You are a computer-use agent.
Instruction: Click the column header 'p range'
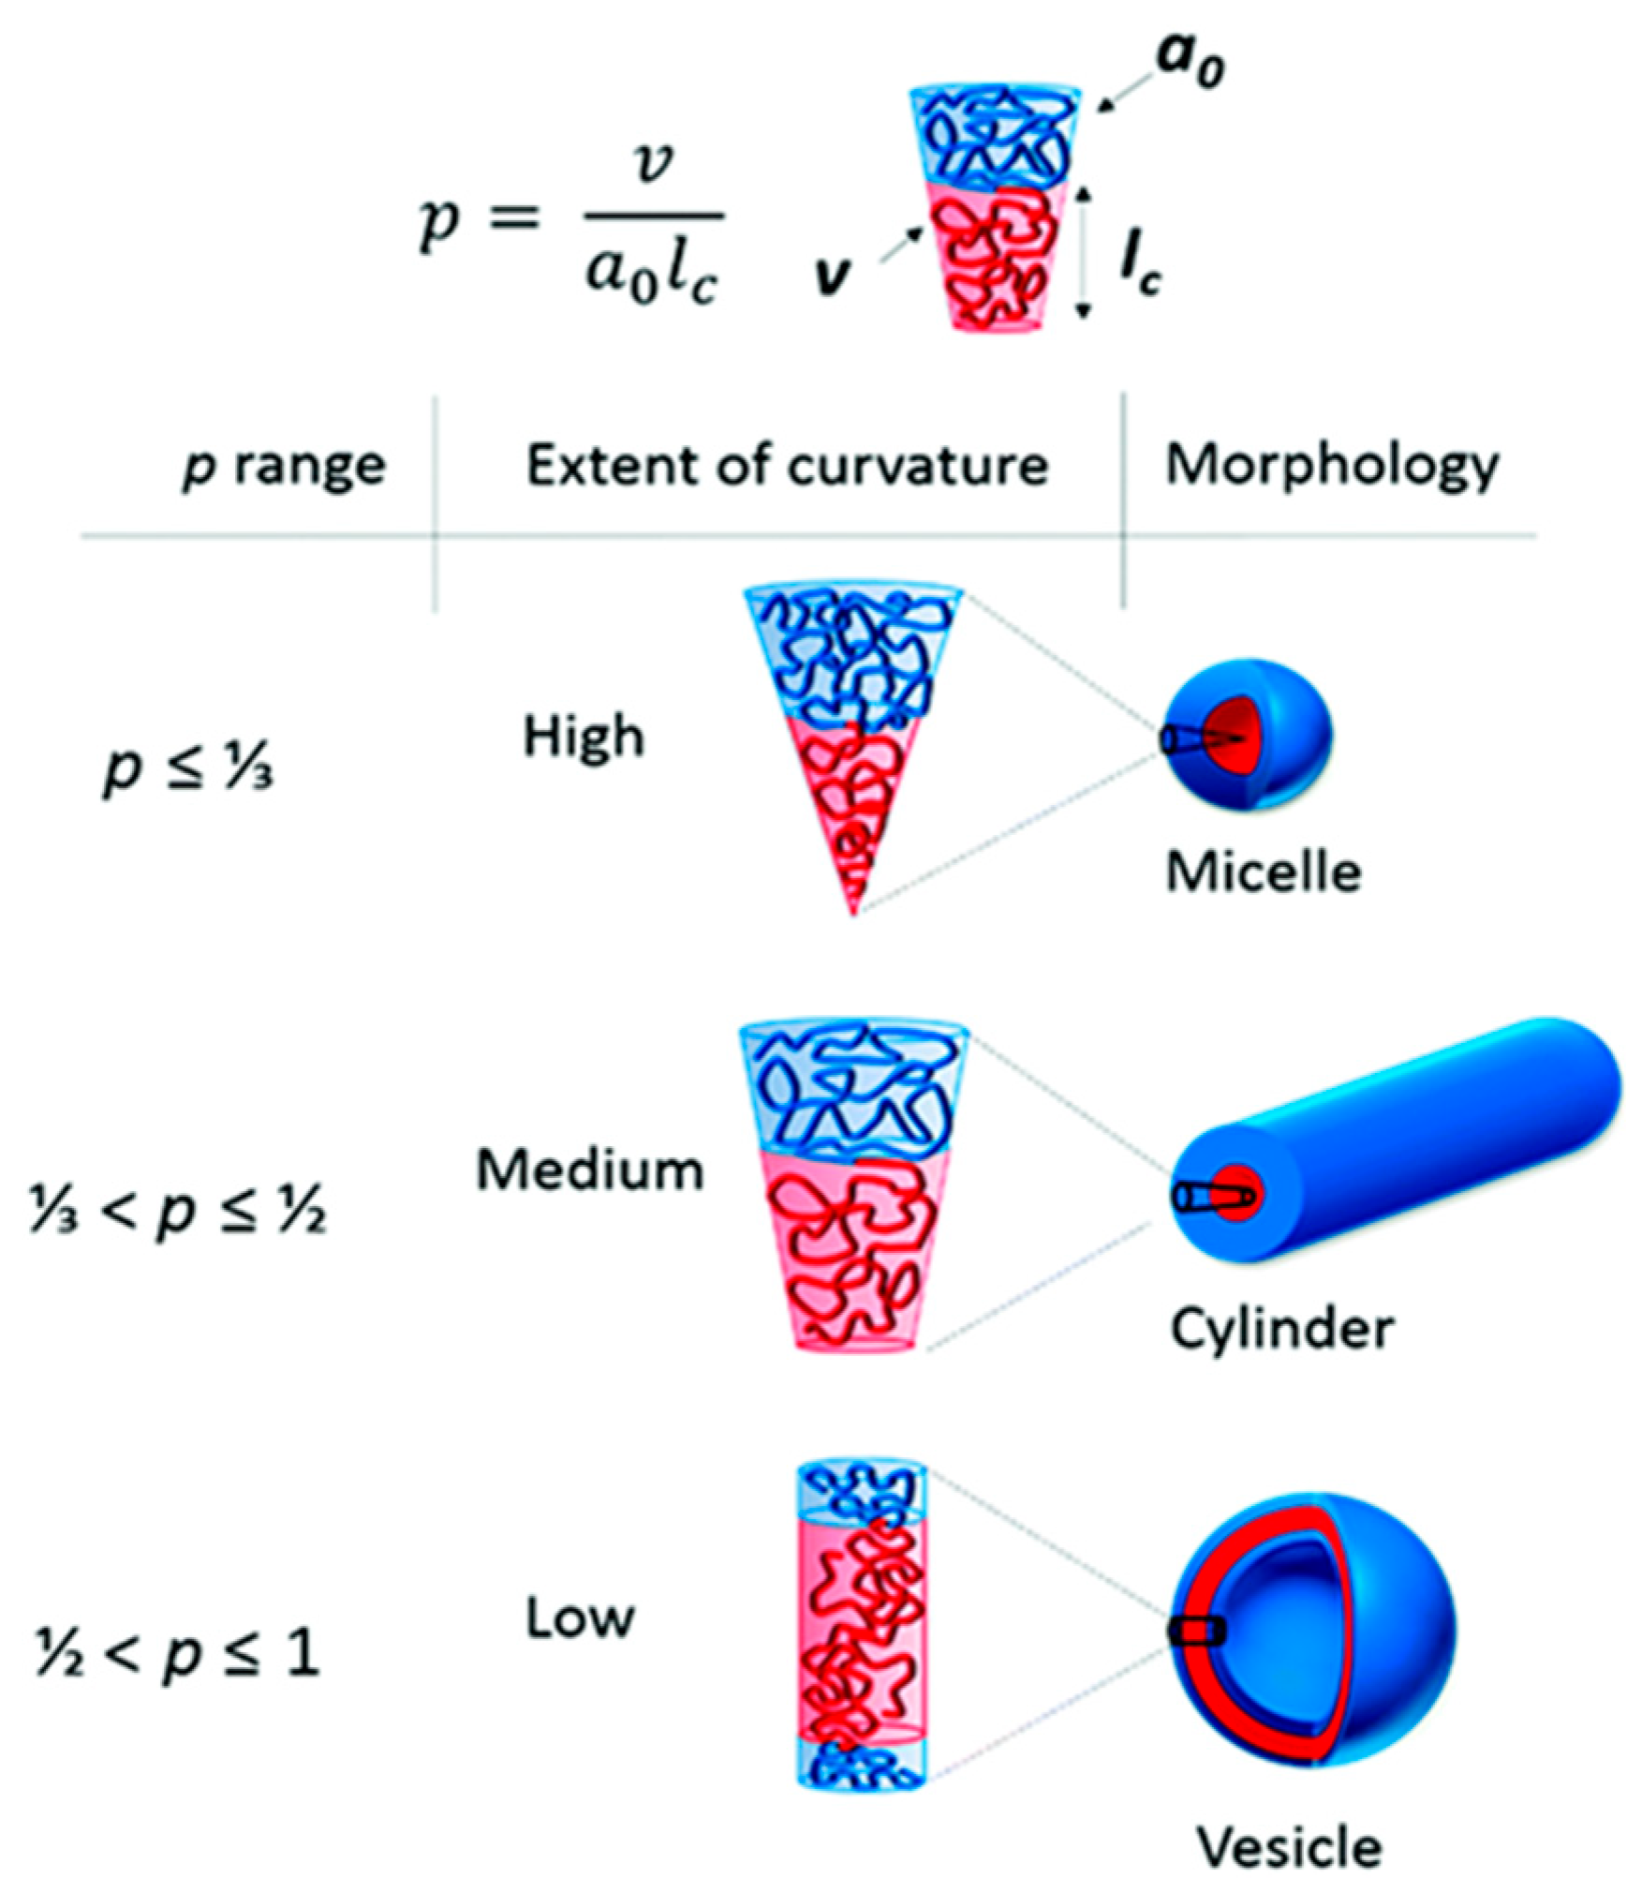pyautogui.click(x=284, y=466)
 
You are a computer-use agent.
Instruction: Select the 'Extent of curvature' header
pyautogui.click(x=786, y=466)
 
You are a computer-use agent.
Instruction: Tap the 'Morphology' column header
pyautogui.click(x=1331, y=466)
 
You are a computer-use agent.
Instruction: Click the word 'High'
pyautogui.click(x=584, y=737)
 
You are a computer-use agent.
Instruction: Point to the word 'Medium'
pyautogui.click(x=589, y=1170)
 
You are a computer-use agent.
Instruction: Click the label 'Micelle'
pyautogui.click(x=1263, y=872)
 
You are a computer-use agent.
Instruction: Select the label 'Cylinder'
pyautogui.click(x=1281, y=1328)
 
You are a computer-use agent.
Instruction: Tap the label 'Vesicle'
pyautogui.click(x=1289, y=1847)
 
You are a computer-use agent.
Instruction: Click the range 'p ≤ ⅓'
pyautogui.click(x=187, y=771)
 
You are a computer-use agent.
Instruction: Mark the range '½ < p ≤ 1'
pyautogui.click(x=178, y=1653)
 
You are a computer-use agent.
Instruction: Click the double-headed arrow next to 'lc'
pyautogui.click(x=1084, y=253)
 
